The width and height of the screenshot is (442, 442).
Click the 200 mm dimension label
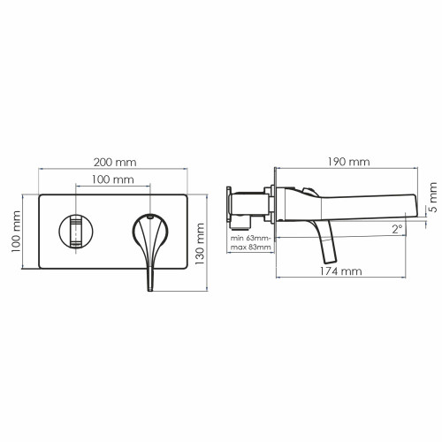point(115,162)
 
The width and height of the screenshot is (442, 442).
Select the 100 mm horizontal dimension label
point(113,179)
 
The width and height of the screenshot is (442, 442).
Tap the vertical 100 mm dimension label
point(16,232)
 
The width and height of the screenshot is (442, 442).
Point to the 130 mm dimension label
point(200,244)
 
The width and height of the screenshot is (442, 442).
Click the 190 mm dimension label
point(349,162)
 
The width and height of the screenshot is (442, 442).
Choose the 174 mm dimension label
point(341,271)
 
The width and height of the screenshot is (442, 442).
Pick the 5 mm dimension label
point(433,197)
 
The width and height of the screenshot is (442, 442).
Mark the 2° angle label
point(397,229)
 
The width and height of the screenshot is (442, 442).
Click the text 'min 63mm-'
point(251,238)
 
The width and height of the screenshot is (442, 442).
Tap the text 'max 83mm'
point(250,247)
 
